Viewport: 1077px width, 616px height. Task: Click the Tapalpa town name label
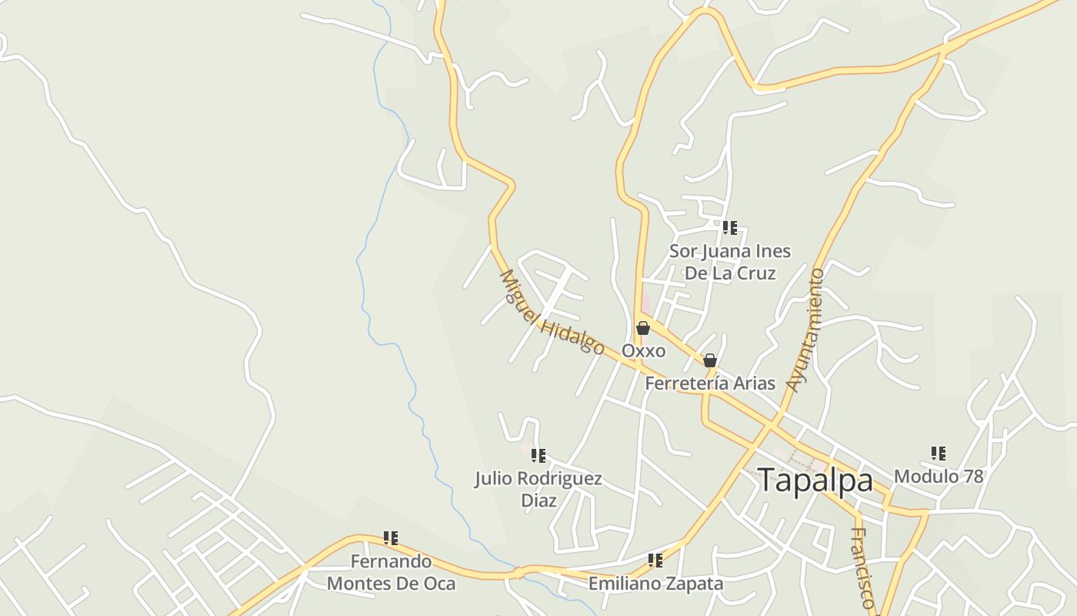(x=815, y=480)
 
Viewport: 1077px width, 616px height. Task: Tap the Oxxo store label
(x=643, y=350)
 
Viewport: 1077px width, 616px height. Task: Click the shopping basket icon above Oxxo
(x=643, y=329)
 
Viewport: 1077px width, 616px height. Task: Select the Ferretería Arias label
(x=709, y=383)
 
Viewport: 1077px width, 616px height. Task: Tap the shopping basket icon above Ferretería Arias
(x=710, y=360)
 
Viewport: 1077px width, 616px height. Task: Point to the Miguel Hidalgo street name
(x=552, y=312)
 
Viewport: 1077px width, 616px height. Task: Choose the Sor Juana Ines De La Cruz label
(x=729, y=262)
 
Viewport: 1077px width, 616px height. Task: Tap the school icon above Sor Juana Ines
(x=729, y=228)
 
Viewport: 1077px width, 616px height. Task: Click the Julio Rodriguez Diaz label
(x=538, y=489)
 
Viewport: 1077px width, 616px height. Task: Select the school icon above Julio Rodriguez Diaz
(x=538, y=456)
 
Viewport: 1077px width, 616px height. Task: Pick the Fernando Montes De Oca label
(x=391, y=572)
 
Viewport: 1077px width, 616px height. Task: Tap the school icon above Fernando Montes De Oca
(x=391, y=538)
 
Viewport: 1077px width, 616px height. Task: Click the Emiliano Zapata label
(x=655, y=584)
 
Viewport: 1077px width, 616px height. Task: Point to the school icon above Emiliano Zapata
(x=655, y=561)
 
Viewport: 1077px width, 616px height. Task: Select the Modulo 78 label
(x=939, y=477)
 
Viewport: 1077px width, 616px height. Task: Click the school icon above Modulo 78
(x=939, y=454)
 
